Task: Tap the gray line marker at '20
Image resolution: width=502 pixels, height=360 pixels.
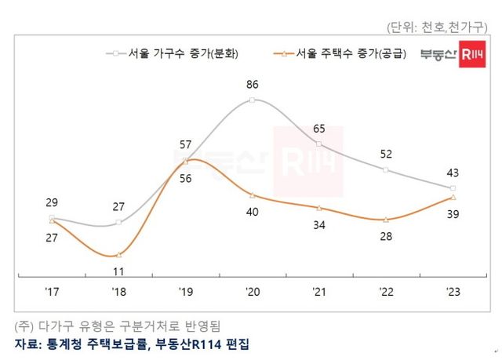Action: pos(252,100)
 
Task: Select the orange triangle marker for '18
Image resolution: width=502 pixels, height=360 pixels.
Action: pos(118,255)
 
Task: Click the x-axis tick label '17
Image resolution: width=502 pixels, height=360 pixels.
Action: pos(52,293)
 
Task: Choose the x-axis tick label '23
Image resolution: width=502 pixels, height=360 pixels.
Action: pos(453,293)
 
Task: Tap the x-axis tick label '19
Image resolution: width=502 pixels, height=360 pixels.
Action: pos(185,293)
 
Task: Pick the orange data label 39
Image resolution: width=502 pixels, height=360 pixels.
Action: pos(453,214)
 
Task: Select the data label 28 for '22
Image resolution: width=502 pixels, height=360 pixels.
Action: pos(386,237)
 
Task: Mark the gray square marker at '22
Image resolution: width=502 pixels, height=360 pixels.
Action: pos(386,169)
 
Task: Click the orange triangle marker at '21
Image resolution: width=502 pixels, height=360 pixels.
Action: pos(319,208)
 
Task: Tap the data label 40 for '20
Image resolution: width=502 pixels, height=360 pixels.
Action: pos(252,211)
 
